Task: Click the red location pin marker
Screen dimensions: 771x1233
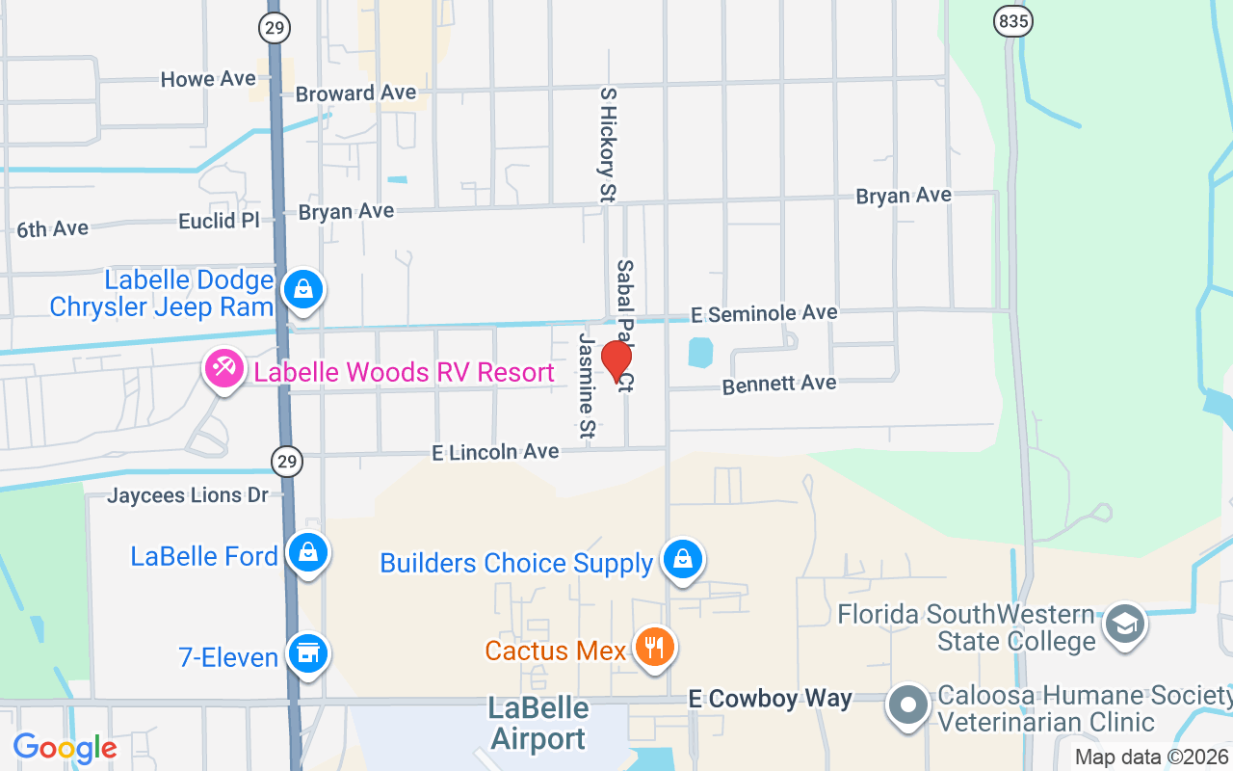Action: pos(616,360)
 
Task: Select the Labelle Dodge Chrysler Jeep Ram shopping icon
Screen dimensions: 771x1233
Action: pos(303,289)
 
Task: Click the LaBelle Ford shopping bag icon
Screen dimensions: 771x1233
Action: pos(308,553)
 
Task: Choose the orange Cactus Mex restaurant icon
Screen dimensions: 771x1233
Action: pos(654,648)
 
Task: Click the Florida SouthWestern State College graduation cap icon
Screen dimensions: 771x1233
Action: pos(1123,624)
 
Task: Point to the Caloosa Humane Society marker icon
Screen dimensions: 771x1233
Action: pos(907,705)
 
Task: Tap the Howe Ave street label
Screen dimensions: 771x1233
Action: pos(208,79)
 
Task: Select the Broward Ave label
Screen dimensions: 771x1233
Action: pos(355,93)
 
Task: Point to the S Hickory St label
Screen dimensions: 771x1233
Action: pos(607,145)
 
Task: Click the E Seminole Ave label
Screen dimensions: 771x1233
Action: pos(764,313)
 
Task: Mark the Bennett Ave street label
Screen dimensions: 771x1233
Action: pos(778,384)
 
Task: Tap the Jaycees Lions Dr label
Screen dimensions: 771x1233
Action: pos(187,495)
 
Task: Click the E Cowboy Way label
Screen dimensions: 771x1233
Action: pos(771,699)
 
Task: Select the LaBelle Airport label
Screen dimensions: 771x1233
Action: pos(538,724)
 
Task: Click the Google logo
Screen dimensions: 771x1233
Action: pos(65,747)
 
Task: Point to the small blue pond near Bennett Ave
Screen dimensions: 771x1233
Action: pos(700,351)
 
